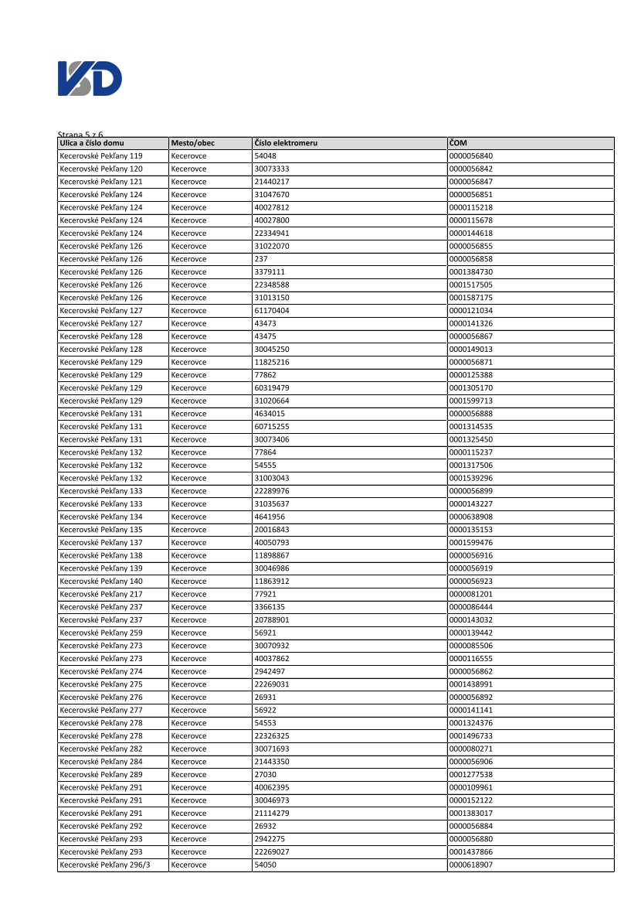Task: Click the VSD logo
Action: (x=90, y=80)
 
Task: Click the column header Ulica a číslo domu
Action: (x=91, y=143)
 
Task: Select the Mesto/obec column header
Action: (x=193, y=143)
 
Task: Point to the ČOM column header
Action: (x=458, y=143)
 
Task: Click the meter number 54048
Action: (x=266, y=156)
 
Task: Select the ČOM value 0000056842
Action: (x=470, y=169)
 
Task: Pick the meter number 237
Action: (x=261, y=259)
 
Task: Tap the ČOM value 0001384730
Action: (x=470, y=272)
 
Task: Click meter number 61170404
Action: (x=272, y=311)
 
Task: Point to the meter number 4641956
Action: (x=270, y=517)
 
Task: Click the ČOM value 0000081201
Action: (x=470, y=594)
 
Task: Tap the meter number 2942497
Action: (x=270, y=671)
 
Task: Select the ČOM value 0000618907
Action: (x=470, y=865)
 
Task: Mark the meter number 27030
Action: (x=266, y=774)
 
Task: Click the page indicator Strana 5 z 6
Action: (x=80, y=135)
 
